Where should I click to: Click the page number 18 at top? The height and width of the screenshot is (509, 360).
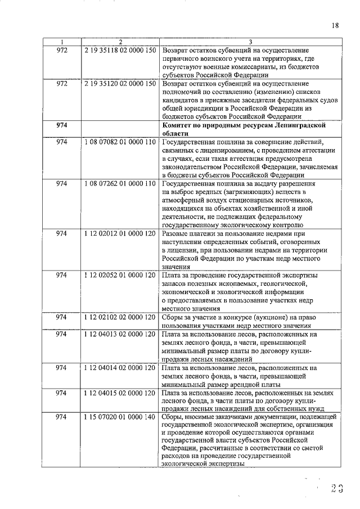pyautogui.click(x=335, y=25)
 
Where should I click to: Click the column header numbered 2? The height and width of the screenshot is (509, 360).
pyautogui.click(x=120, y=42)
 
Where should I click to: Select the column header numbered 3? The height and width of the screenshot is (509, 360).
pyautogui.click(x=250, y=42)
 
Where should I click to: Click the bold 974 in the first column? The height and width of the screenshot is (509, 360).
pyautogui.click(x=62, y=125)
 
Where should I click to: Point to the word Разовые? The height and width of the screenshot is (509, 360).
pyautogui.click(x=175, y=233)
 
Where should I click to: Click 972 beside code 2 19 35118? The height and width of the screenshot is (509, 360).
pyautogui.click(x=62, y=51)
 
